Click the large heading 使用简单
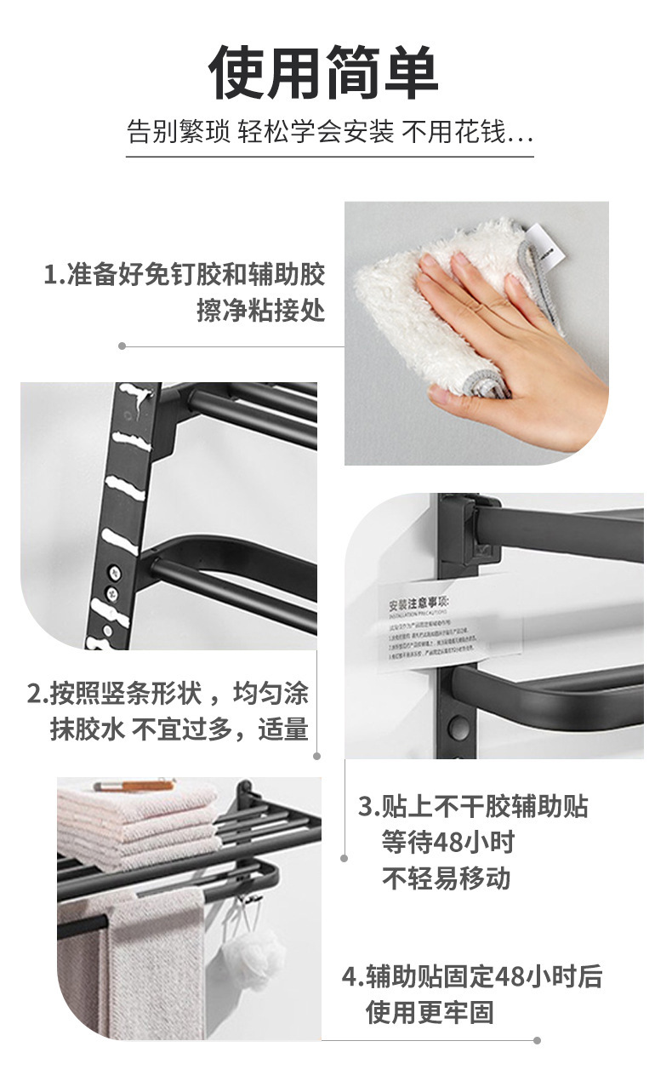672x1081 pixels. pyautogui.click(x=323, y=75)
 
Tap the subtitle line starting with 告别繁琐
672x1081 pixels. pyautogui.click(x=330, y=133)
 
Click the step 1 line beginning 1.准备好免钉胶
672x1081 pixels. pyautogui.click(x=185, y=275)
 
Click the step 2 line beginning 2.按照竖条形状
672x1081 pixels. pyautogui.click(x=168, y=694)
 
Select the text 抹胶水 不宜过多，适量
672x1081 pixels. pyautogui.click(x=179, y=729)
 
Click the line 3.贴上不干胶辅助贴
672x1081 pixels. pyautogui.click(x=472, y=806)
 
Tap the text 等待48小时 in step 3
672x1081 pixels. pyautogui.click(x=447, y=843)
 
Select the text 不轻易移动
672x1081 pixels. pyautogui.click(x=446, y=878)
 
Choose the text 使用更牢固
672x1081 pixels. pyautogui.click(x=430, y=1012)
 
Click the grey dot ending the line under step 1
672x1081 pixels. pyautogui.click(x=122, y=346)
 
